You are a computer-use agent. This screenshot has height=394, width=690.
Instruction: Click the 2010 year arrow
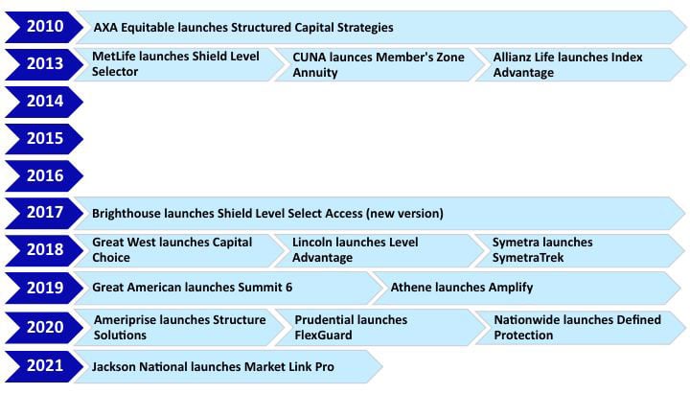pos(44,27)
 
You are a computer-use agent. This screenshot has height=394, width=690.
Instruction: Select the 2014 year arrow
pos(44,102)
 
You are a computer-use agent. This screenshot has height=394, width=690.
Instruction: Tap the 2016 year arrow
pos(44,176)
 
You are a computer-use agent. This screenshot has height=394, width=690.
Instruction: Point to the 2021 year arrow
pos(44,366)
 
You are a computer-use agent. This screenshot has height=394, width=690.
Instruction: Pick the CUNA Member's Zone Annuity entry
pos(379,64)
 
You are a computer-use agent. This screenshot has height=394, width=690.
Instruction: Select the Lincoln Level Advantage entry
pos(379,250)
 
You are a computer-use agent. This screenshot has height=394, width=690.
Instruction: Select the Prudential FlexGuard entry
pos(379,328)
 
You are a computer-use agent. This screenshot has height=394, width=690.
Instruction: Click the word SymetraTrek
pos(528,258)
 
